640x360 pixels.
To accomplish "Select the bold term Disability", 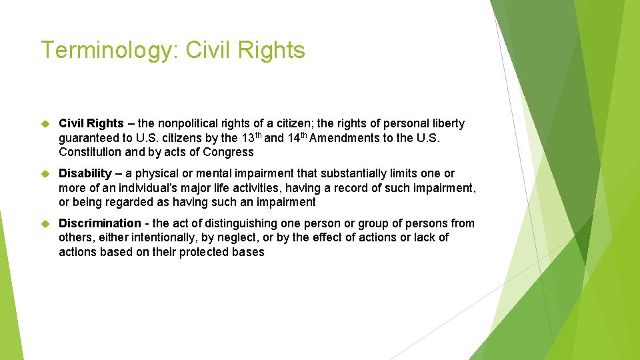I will pyautogui.click(x=85, y=173).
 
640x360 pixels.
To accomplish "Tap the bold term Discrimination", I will pyautogui.click(x=100, y=223).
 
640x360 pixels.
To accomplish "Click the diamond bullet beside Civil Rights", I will pyautogui.click(x=45, y=124).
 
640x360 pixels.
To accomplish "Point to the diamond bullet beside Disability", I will pyautogui.click(x=45, y=174).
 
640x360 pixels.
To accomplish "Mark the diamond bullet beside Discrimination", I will pyautogui.click(x=45, y=224).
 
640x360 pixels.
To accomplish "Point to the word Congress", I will pyautogui.click(x=229, y=152).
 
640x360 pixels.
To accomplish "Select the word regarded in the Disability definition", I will pyautogui.click(x=129, y=202).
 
